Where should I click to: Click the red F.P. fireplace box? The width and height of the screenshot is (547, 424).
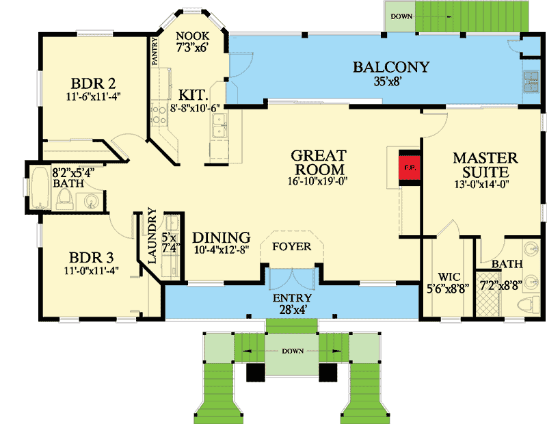point(408,166)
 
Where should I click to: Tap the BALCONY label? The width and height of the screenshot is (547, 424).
point(390,67)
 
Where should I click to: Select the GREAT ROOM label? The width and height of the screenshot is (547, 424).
point(318,162)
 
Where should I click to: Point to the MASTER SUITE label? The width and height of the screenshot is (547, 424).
point(485,165)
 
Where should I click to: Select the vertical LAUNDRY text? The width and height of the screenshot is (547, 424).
point(152,240)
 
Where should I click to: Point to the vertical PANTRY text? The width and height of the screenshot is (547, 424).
point(155,51)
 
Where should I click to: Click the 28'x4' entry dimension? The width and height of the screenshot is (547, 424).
point(292,310)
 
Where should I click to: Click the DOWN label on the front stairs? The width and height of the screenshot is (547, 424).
point(292,351)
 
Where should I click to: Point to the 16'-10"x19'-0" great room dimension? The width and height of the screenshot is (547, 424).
point(318,183)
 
